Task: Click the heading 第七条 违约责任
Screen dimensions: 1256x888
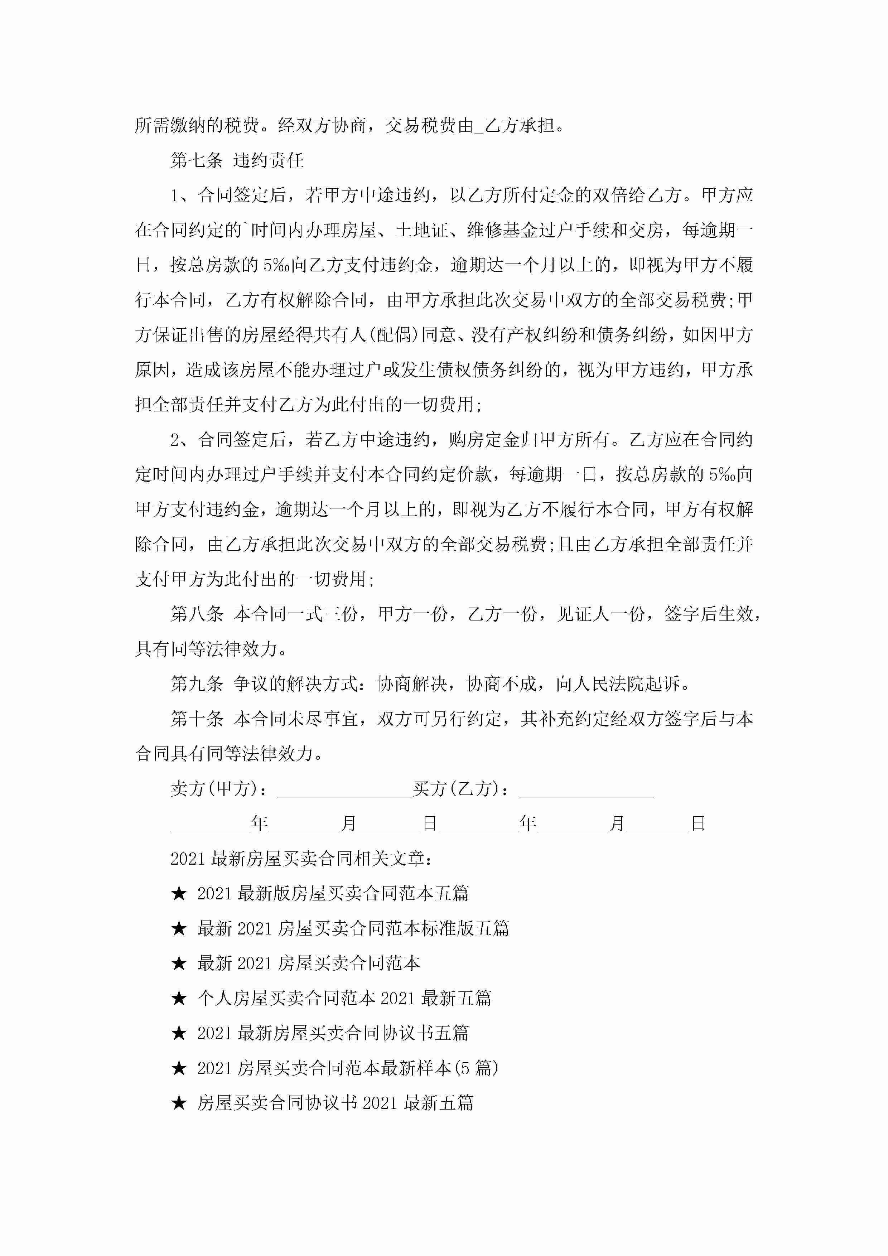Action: pos(237,160)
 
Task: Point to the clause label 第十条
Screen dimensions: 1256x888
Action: pos(197,719)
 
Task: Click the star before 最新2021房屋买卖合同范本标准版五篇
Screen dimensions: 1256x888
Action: pos(179,928)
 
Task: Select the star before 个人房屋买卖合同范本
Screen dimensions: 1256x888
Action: pos(179,998)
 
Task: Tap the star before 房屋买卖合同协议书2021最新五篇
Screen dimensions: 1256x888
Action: pos(179,1103)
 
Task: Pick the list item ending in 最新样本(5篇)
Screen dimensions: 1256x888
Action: pos(347,1068)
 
